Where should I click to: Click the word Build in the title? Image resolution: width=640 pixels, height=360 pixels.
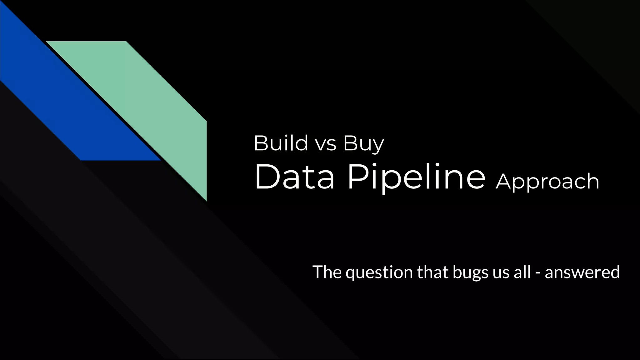(x=281, y=143)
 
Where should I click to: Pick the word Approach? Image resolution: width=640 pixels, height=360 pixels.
(x=547, y=182)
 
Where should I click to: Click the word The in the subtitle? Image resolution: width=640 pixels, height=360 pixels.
(x=327, y=272)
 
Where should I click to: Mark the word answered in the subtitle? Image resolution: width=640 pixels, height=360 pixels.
(x=582, y=272)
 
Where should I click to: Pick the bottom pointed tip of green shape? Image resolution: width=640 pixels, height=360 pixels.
(x=206, y=199)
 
